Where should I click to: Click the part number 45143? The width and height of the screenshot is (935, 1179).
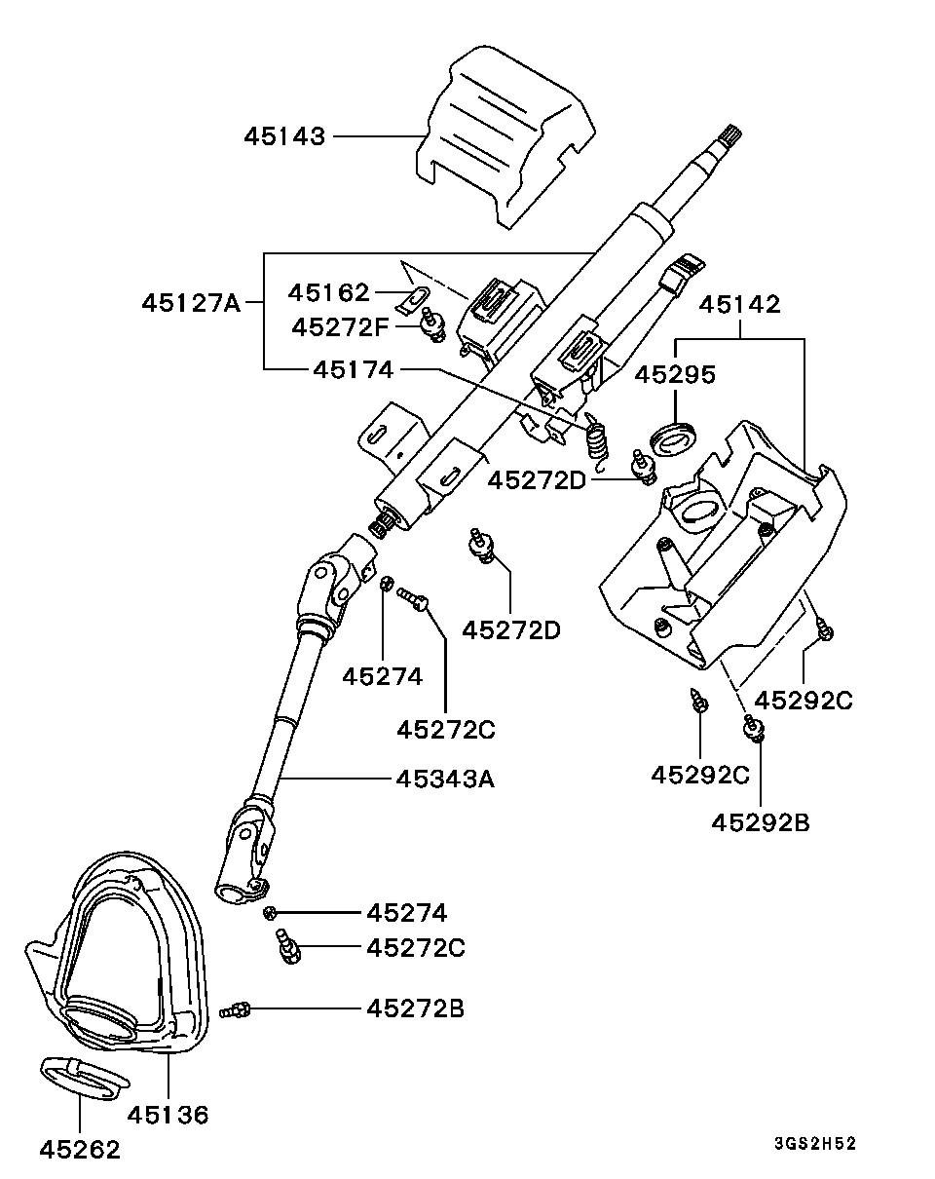[x=284, y=135]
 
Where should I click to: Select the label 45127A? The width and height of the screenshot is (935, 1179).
[x=191, y=302]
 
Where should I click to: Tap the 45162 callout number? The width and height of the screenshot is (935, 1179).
[x=328, y=292]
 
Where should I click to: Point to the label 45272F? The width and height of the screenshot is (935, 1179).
[x=340, y=327]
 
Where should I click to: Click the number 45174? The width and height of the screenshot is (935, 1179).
[x=354, y=370]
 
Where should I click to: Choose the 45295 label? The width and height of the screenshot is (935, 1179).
[x=675, y=375]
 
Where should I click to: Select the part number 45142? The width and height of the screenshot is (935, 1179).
[x=739, y=305]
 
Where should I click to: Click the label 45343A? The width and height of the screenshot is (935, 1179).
[x=445, y=779]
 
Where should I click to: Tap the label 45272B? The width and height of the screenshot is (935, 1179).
[x=415, y=1008]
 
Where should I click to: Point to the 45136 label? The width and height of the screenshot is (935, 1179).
[x=168, y=1115]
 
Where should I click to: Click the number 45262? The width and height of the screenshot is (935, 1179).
[x=80, y=1150]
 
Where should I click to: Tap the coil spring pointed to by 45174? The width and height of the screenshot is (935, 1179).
[x=596, y=440]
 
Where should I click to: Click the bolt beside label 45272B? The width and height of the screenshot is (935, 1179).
[x=235, y=1009]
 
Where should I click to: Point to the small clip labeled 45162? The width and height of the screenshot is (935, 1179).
[x=412, y=302]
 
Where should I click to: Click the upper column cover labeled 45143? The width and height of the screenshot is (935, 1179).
[x=504, y=137]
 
